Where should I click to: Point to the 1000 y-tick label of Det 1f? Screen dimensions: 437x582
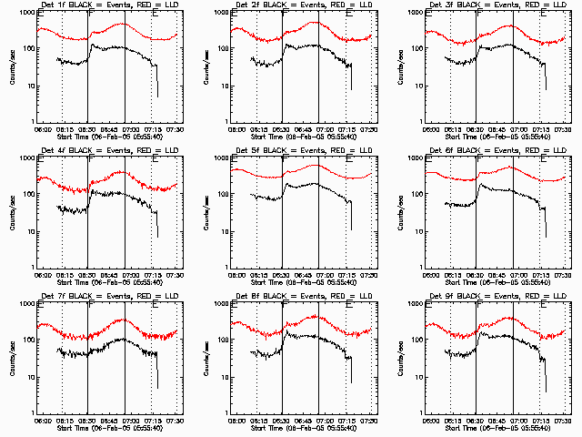(25, 14)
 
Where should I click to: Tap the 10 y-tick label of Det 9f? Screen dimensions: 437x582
(417, 376)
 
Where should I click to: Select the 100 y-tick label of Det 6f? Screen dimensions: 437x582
(415, 194)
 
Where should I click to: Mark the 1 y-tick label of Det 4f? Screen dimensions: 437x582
(30, 266)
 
